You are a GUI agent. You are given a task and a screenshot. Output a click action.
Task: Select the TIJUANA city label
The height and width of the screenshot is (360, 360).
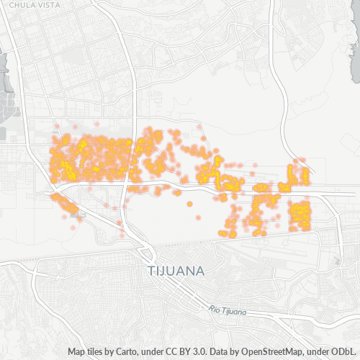tap(176, 271)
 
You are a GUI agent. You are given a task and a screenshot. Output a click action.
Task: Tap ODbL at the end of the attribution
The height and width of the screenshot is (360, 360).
tap(343, 352)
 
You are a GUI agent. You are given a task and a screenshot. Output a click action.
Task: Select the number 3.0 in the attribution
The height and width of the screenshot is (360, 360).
tap(198, 352)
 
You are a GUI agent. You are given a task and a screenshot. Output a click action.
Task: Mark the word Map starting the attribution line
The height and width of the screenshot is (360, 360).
tap(77, 352)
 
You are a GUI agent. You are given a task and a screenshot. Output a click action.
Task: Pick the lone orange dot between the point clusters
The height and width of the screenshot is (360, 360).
tap(189, 204)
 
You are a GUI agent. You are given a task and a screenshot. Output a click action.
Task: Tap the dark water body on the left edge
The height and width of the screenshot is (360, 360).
tap(5, 72)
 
